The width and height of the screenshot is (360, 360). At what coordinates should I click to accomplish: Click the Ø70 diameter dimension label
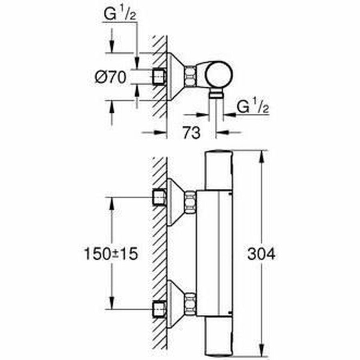[x=110, y=77]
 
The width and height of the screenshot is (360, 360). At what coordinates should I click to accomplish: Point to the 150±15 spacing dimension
[x=110, y=254]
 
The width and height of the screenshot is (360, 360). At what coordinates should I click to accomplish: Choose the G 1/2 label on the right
[x=252, y=107]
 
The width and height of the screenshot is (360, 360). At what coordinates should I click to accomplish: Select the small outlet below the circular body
[x=216, y=94]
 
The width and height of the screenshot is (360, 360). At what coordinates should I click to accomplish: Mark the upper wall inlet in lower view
[x=160, y=197]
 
